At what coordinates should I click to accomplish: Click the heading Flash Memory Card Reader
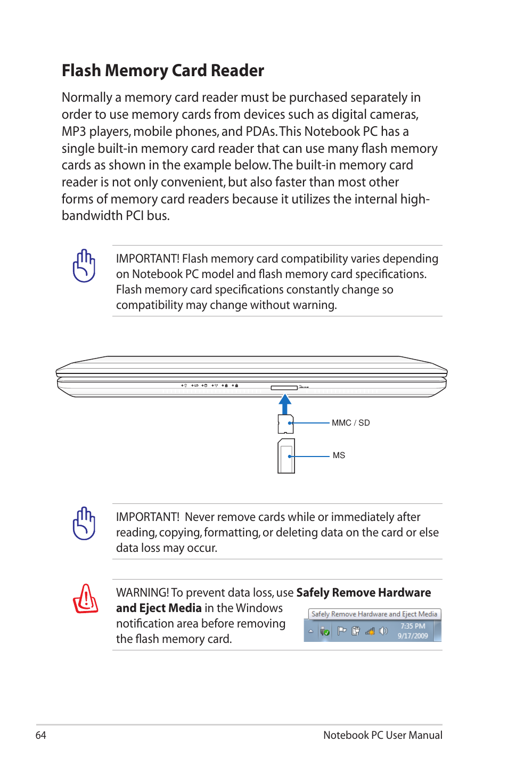point(162,70)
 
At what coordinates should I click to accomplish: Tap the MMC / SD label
point(350,423)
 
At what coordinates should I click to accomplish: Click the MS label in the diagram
point(339,455)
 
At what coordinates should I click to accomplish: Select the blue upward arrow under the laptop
point(285,404)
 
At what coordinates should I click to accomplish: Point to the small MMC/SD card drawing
point(285,424)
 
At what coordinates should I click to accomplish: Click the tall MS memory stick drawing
point(286,456)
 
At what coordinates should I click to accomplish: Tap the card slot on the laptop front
point(284,387)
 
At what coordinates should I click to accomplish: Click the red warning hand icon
point(85,599)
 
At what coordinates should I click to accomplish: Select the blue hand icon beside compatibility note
point(84,266)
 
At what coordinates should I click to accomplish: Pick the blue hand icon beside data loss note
point(84,524)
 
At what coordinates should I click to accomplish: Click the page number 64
point(40,735)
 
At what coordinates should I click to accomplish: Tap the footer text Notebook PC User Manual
point(382,735)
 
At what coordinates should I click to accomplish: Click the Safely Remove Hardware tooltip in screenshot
point(374,614)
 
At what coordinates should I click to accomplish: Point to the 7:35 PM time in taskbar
point(413,626)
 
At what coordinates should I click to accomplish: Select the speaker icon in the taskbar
point(383,631)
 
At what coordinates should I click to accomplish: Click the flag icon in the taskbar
point(341,631)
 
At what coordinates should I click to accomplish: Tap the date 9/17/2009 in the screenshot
point(413,636)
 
